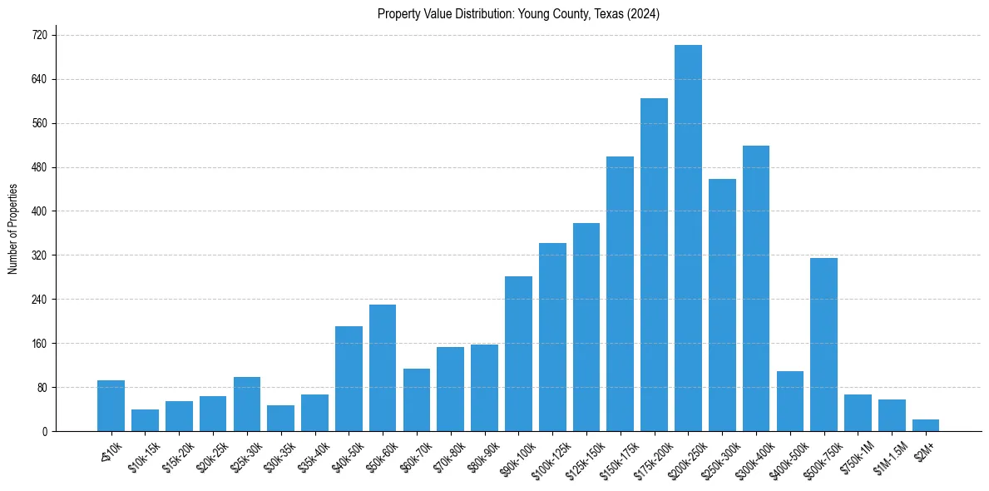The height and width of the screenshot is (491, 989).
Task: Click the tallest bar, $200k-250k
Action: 688,238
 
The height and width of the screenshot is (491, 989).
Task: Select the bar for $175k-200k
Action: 654,265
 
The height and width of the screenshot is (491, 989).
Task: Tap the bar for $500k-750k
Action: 823,345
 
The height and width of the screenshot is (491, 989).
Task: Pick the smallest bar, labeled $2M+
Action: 926,425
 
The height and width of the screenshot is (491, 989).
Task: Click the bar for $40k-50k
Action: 349,379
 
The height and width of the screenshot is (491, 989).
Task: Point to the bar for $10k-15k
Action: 145,420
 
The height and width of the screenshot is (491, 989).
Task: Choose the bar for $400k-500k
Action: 789,401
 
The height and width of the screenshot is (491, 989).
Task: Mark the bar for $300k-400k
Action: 756,288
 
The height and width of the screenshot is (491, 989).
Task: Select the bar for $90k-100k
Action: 518,354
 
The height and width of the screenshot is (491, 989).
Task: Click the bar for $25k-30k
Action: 247,404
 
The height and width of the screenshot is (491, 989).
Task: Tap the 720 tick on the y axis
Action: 40,36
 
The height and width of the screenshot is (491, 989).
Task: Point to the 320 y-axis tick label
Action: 40,255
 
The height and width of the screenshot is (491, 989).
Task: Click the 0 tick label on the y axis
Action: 45,431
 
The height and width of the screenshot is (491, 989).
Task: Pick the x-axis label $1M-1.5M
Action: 889,454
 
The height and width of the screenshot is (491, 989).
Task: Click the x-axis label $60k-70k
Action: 413,454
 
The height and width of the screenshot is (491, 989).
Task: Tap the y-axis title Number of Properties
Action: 12,228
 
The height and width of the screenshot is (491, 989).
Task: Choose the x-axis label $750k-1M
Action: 856,454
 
